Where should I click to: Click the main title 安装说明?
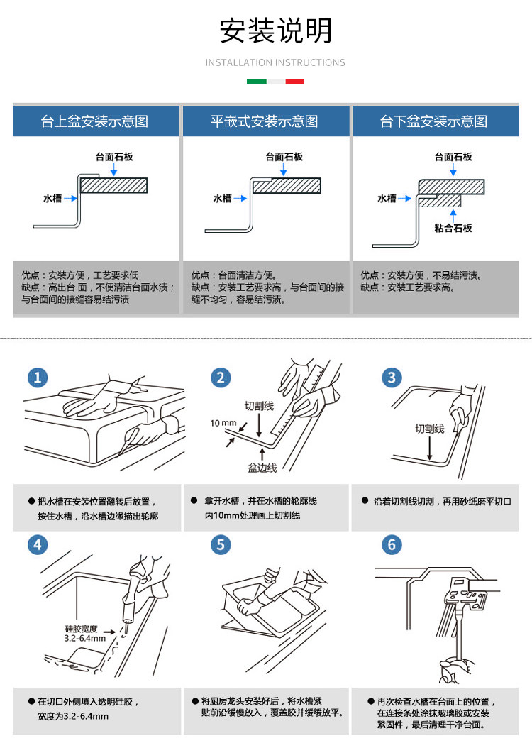tap(275, 31)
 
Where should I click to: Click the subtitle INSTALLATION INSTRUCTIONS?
tap(275, 62)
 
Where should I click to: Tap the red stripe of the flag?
tap(294, 82)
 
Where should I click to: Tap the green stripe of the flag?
tap(256, 82)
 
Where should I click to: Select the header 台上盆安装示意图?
tap(94, 121)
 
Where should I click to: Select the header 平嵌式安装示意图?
tap(265, 121)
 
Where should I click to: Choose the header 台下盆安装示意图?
tap(434, 121)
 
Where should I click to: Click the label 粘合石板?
tap(453, 228)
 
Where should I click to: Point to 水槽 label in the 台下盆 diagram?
tap(387, 199)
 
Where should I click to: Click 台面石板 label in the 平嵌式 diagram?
tap(284, 157)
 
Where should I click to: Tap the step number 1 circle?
tap(38, 378)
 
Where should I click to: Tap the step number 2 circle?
tap(221, 378)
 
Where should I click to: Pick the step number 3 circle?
tap(392, 378)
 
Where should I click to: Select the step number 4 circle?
tap(38, 545)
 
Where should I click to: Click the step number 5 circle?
tap(221, 545)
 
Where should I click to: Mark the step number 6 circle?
tap(392, 545)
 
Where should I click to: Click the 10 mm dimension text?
tap(223, 424)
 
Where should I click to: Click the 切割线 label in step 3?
tap(429, 429)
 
